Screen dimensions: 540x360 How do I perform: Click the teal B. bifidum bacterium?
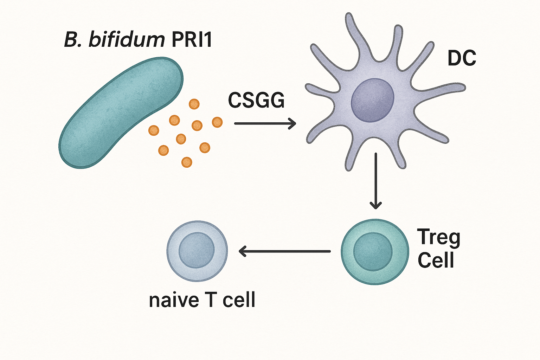121,113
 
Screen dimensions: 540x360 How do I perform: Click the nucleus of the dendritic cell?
372,100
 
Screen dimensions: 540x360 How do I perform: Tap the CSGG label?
256,100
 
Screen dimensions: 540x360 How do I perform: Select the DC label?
462,58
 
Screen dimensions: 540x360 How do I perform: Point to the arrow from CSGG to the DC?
265,123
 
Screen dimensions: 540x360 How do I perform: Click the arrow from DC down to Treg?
375,181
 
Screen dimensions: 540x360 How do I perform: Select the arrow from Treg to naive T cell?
284,251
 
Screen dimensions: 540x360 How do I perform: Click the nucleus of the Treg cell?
373,252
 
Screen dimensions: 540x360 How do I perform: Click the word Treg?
438,238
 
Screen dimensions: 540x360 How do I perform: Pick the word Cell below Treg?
436,260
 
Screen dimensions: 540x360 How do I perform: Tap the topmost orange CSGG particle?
194,104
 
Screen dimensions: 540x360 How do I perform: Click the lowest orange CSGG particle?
187,162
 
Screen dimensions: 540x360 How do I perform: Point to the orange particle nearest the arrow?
217,122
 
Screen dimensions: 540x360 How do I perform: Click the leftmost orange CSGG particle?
154,130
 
